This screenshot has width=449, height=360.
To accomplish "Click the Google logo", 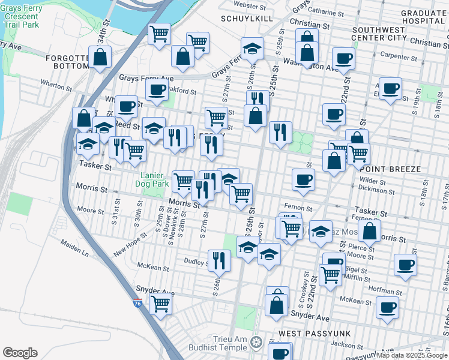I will [x=20, y=353].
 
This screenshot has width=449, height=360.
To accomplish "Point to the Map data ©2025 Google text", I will [x=411, y=356].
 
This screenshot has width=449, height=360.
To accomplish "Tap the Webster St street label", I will [x=250, y=6].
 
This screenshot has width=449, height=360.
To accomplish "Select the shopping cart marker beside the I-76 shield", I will [x=161, y=304].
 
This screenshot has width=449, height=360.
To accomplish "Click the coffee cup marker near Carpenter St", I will [x=344, y=59].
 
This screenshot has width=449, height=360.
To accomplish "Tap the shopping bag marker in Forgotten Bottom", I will [x=101, y=57].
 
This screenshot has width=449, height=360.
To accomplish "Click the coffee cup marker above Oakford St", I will [x=157, y=90].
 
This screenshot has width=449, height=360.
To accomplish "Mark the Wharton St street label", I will [x=57, y=85].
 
